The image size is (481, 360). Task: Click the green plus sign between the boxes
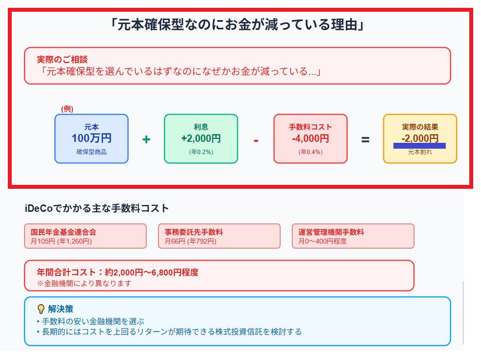pos(146,140)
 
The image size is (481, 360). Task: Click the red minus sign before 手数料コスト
pos(256,140)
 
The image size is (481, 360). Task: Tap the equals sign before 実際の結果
pos(365,139)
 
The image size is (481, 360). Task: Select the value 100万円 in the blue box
pos(92,138)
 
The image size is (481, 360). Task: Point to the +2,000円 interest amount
pos(201,138)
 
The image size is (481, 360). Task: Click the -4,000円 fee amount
pos(310,138)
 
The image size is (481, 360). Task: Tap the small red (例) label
pos(67,109)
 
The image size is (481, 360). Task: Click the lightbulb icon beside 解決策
pos(41,309)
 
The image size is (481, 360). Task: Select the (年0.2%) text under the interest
pos(201,152)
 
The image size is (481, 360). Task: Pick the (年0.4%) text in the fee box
pos(310,152)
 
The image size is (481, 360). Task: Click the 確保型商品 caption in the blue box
pos(92,152)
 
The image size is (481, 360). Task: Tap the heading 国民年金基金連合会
pos(63,232)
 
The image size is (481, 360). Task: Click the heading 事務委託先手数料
pos(194,232)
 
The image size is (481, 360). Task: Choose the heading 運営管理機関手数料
pos(331,232)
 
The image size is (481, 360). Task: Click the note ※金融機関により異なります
pos(84,283)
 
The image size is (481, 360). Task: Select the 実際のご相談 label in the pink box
pos(62,60)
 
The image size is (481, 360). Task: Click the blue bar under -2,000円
pos(419,145)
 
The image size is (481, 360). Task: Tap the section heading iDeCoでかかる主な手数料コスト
pos(96,208)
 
